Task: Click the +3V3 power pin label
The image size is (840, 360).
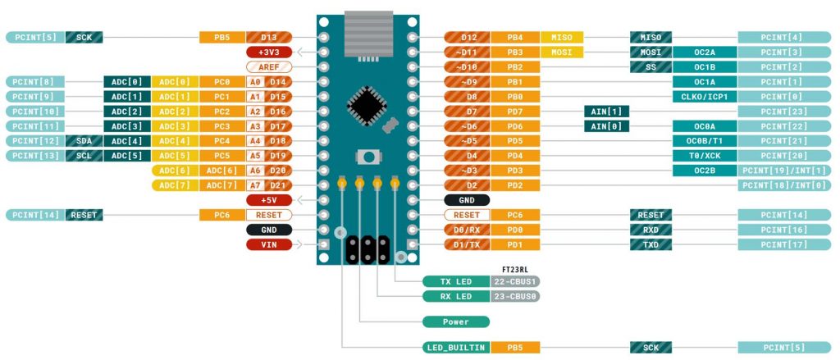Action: click(269, 52)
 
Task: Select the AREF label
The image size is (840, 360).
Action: click(269, 66)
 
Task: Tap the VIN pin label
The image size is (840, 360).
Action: click(269, 244)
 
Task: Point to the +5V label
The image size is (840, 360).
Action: click(269, 200)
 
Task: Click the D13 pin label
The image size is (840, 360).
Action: click(269, 37)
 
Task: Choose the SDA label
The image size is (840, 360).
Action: click(84, 141)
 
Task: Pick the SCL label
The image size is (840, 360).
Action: click(84, 156)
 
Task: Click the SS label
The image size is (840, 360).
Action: click(651, 66)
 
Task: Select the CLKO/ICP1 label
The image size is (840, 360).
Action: click(704, 97)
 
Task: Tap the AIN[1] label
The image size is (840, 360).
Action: click(605, 112)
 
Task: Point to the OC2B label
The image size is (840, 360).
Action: click(704, 171)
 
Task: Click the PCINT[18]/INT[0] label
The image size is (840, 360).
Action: click(783, 185)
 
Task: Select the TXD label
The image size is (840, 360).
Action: click(651, 244)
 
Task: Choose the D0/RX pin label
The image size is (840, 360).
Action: click(467, 230)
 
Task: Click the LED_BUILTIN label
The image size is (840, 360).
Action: click(455, 348)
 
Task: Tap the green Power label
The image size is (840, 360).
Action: click(455, 321)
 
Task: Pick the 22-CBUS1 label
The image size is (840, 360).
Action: click(515, 281)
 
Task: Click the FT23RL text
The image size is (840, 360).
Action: click(514, 269)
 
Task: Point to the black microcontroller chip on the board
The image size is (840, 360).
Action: click(363, 103)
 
